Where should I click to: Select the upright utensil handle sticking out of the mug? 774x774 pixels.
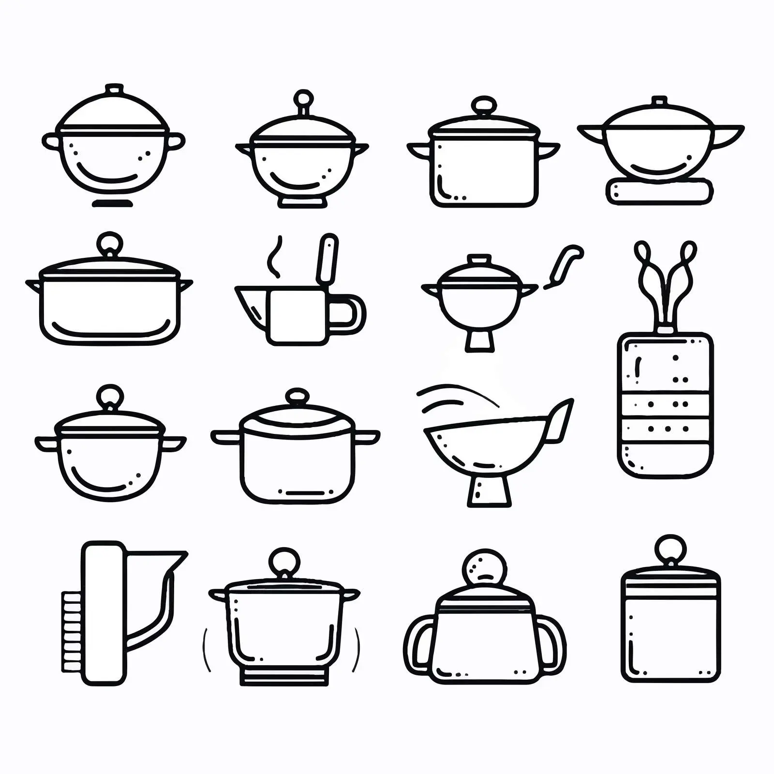coord(327,259)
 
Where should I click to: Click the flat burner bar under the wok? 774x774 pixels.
coord(659,191)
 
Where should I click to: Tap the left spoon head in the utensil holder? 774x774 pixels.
coord(641,250)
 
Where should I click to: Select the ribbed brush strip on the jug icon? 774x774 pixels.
coord(72,631)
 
